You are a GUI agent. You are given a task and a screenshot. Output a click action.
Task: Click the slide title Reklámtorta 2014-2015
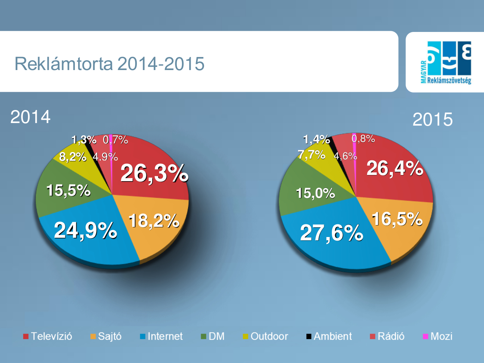(x=109, y=64)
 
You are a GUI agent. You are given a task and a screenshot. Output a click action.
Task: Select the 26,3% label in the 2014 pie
(x=154, y=173)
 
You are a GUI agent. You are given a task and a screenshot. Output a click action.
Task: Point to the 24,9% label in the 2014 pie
(x=85, y=230)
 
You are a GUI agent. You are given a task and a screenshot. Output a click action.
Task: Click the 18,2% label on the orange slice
(x=154, y=221)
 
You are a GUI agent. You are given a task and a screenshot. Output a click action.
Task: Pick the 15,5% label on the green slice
(x=68, y=190)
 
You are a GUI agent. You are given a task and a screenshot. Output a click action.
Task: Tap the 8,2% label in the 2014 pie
(x=73, y=157)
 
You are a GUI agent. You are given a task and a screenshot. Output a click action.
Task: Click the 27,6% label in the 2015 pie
(x=332, y=233)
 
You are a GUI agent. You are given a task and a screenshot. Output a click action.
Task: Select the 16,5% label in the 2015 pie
(x=397, y=219)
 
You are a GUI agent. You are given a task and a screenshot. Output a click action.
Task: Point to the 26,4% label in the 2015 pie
(x=395, y=168)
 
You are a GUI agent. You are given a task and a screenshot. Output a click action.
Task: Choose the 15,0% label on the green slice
(x=315, y=193)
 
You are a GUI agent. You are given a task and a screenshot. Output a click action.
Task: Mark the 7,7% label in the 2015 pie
(x=312, y=155)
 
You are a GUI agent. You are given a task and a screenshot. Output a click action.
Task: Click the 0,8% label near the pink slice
(x=363, y=139)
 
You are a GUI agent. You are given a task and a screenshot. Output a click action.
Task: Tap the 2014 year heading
(x=30, y=117)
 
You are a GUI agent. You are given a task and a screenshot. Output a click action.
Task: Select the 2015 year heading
(x=432, y=119)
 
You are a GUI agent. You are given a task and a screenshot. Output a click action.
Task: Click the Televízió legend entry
(x=48, y=336)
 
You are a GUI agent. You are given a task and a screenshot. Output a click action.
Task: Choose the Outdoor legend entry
(x=265, y=336)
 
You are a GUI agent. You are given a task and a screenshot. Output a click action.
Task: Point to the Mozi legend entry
(x=438, y=336)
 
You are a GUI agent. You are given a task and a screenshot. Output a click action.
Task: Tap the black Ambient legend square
(x=309, y=337)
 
